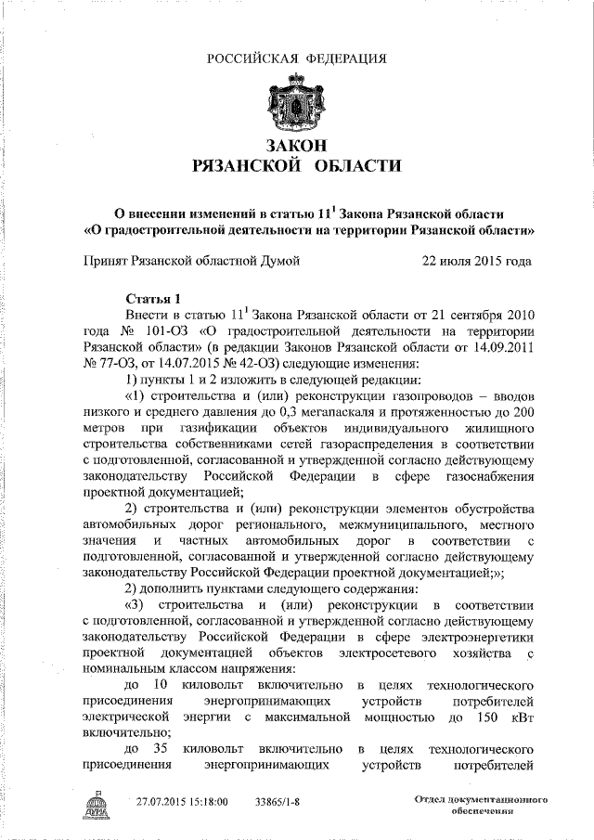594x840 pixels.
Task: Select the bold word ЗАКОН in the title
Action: pyautogui.click(x=296, y=145)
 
